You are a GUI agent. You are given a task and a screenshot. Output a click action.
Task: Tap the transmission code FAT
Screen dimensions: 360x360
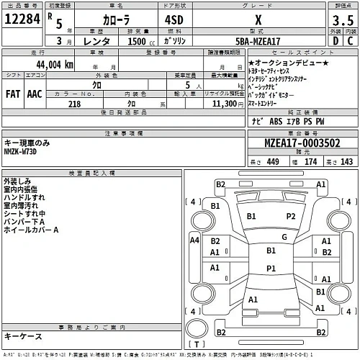(x=14, y=84)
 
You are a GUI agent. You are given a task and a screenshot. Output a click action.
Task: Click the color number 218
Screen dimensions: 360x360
(x=76, y=104)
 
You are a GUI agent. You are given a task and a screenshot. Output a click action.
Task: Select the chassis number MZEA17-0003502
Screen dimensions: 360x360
(x=287, y=144)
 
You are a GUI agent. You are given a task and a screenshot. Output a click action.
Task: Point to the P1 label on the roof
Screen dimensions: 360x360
(x=271, y=268)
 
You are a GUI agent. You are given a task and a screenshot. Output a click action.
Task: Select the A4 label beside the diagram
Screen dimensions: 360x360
(x=194, y=242)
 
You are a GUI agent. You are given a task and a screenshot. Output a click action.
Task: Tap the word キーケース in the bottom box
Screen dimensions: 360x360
(x=24, y=336)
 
